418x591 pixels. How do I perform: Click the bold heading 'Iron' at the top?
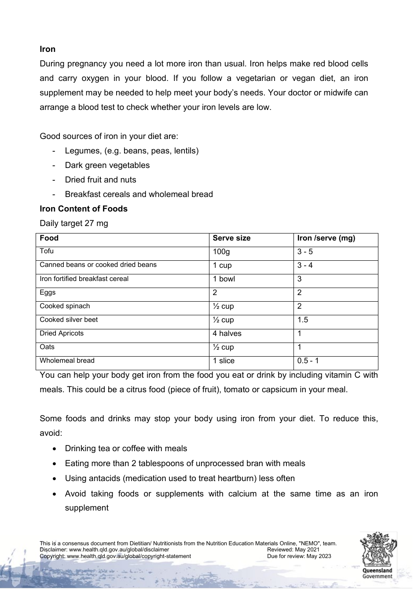click(x=48, y=49)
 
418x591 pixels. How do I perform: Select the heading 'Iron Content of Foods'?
click(x=84, y=209)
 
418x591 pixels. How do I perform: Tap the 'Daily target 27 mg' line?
click(x=73, y=223)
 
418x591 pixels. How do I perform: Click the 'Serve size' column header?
click(x=231, y=238)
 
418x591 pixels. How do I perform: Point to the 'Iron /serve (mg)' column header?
click(x=326, y=238)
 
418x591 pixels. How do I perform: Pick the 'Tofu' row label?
click(x=47, y=252)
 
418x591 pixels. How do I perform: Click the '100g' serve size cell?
click(x=221, y=252)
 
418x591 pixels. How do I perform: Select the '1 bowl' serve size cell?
click(x=224, y=279)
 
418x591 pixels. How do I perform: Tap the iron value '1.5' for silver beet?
click(x=303, y=320)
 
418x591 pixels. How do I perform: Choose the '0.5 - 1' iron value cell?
click(x=308, y=361)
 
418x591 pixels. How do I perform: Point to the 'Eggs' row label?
click(x=48, y=293)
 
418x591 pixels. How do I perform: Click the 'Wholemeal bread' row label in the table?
click(x=67, y=361)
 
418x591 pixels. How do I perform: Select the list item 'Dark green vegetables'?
click(x=107, y=165)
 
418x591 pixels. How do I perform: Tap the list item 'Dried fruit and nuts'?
click(x=100, y=180)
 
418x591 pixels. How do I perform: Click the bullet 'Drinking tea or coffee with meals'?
click(x=126, y=449)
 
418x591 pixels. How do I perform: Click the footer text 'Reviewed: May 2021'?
click(x=293, y=550)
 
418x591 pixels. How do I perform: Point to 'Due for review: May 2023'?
click(x=299, y=556)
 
